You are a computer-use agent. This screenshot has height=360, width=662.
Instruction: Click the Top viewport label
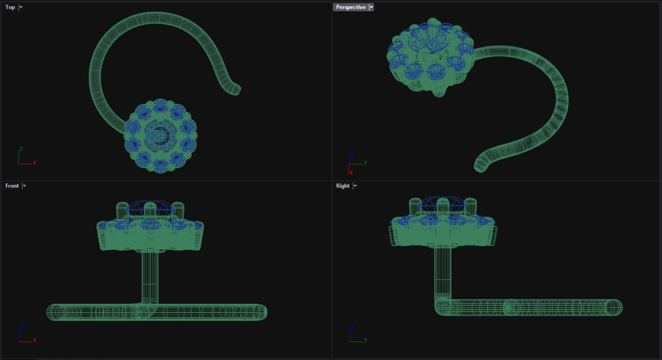point(10,7)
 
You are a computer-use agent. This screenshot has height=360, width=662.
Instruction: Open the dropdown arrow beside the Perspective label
point(371,7)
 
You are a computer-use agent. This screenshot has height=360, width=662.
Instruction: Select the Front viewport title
point(12,186)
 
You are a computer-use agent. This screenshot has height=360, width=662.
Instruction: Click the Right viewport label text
point(343,186)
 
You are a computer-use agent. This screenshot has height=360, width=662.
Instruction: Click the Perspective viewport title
point(351,7)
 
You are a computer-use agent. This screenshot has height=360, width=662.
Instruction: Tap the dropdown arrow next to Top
point(21,7)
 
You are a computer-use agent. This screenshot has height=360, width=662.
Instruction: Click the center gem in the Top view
point(160,135)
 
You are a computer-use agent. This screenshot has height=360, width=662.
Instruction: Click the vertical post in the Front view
point(150,276)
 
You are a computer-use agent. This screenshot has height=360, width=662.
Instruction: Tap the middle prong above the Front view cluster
point(150,209)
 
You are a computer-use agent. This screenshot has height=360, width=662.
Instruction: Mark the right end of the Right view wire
point(614,307)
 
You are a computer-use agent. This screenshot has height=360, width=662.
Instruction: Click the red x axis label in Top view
point(35,162)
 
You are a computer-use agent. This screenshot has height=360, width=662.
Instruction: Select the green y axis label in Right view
point(365,340)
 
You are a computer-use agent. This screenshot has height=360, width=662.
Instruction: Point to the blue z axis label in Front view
point(21,327)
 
